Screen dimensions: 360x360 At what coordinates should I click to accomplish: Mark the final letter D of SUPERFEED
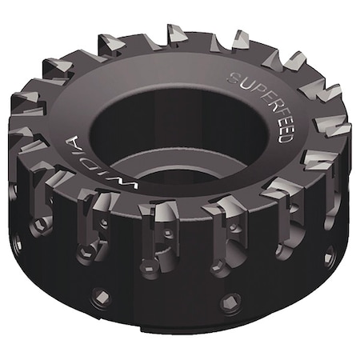[x=286, y=139]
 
